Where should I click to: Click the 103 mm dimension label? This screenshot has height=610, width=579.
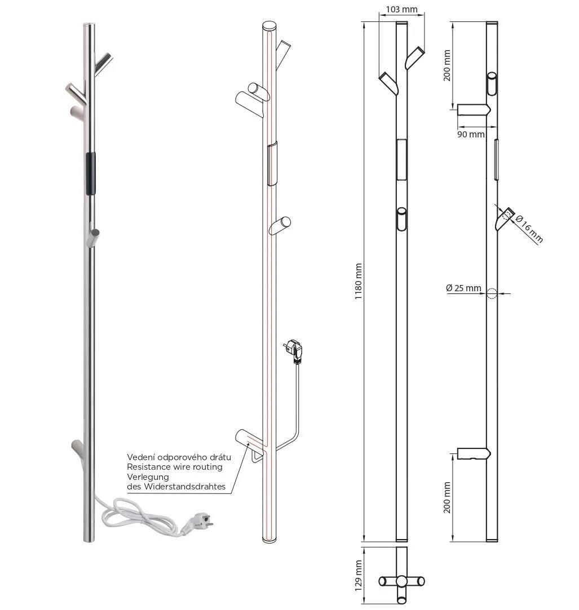pos(401,9)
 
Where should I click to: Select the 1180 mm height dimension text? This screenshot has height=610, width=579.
pos(358,281)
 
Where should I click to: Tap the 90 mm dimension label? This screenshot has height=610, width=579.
pos(471,135)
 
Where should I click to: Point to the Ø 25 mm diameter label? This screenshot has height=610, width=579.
pos(463,288)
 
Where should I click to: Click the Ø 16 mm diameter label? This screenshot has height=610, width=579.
pos(529,229)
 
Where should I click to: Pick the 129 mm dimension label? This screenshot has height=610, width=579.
pos(359,576)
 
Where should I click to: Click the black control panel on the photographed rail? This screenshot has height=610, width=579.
pos(90,173)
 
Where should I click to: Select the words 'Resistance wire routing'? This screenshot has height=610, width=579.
pos(175,467)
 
